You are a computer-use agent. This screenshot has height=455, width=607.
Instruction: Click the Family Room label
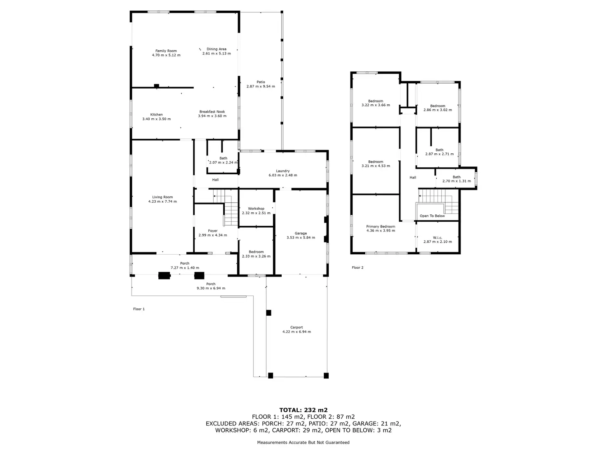(x=166, y=51)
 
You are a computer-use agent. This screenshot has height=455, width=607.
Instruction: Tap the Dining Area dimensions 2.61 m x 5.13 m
(x=216, y=53)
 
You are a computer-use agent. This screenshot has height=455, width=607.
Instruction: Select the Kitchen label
(x=157, y=115)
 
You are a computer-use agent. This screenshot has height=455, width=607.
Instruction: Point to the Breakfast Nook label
(x=212, y=112)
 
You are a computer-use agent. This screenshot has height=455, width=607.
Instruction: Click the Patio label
(x=261, y=82)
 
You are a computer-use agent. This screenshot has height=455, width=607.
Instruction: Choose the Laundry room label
(x=283, y=171)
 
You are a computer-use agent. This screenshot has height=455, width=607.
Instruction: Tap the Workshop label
(x=256, y=209)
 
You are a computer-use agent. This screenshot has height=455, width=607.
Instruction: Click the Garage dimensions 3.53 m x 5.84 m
(x=301, y=237)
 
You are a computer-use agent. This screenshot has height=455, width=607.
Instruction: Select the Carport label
(x=296, y=327)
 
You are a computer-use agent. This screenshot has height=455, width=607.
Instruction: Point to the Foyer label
(x=213, y=231)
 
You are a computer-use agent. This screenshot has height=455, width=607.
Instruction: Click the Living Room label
(x=162, y=197)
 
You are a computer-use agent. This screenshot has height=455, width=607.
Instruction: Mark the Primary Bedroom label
(x=381, y=227)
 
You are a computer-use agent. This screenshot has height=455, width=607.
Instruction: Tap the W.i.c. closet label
(x=438, y=237)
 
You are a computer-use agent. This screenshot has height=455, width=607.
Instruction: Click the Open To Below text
(x=432, y=216)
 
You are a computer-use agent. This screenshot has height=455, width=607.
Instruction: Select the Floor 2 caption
(x=358, y=267)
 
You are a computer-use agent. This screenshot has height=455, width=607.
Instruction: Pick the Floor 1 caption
(x=139, y=309)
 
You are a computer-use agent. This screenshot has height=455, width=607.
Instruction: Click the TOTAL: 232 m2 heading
(x=303, y=410)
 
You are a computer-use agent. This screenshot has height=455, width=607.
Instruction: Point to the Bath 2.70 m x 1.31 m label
(x=456, y=179)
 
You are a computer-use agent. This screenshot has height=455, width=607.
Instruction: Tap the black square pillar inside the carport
(x=268, y=313)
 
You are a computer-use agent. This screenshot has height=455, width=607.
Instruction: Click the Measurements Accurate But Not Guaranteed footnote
(x=303, y=442)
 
